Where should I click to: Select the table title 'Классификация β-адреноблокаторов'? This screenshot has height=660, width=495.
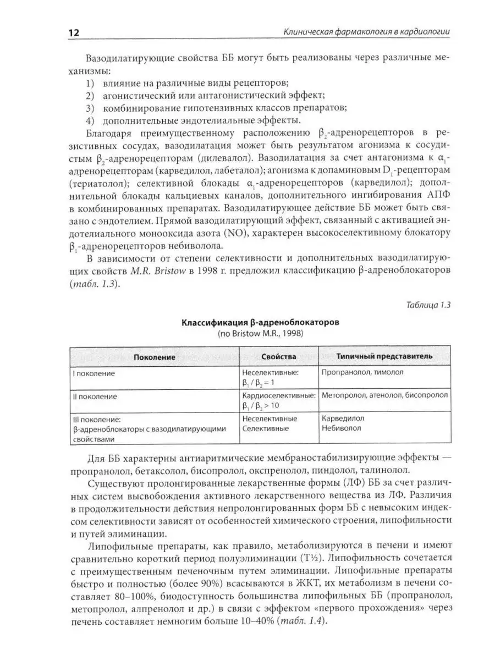260,322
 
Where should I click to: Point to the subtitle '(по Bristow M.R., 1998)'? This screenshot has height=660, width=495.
261,333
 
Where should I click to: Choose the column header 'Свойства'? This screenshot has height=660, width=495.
278,356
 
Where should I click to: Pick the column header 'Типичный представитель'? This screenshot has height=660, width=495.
384,356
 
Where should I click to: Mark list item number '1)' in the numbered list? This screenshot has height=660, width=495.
91,83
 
